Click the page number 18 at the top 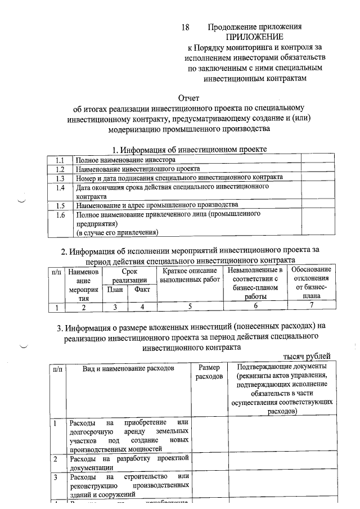pyautogui.click(x=186, y=27)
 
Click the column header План pyautogui.click(x=115, y=290)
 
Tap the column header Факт pyautogui.click(x=142, y=290)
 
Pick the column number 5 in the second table pyautogui.click(x=190, y=307)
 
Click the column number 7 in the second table pyautogui.click(x=310, y=307)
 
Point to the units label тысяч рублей pyautogui.click(x=307, y=356)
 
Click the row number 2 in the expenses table pyautogui.click(x=55, y=460)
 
